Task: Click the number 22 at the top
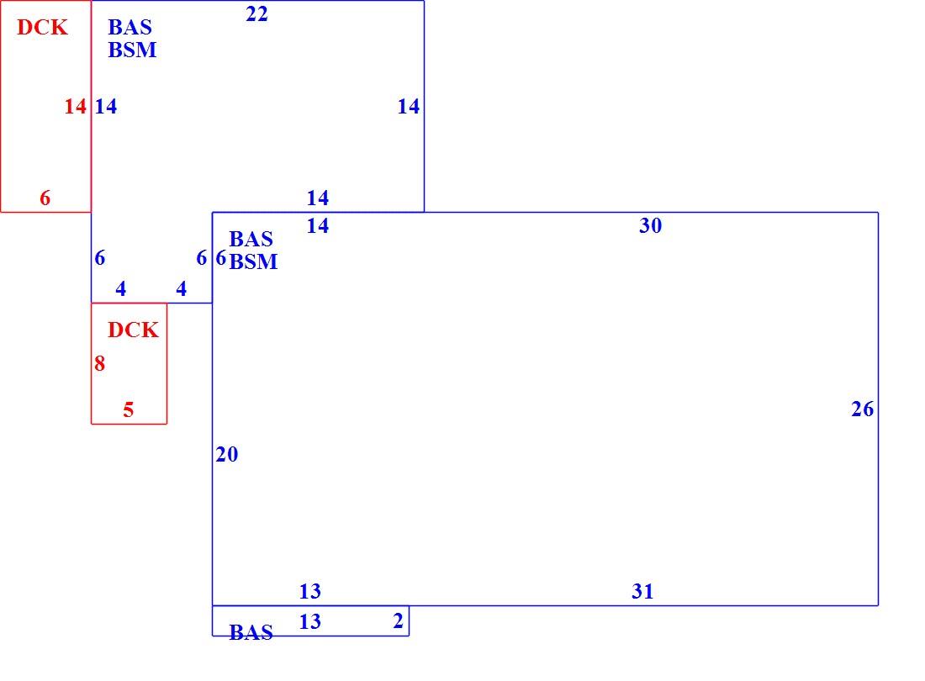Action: (256, 13)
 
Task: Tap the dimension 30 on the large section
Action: (650, 225)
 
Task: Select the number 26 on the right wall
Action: (862, 409)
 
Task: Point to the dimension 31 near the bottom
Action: (642, 591)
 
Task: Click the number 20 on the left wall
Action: (226, 454)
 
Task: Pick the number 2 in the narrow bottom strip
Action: (399, 620)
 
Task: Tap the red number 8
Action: (100, 363)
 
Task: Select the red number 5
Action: (128, 409)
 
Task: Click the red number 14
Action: (76, 106)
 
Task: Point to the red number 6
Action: (45, 198)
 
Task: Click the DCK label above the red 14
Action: (42, 27)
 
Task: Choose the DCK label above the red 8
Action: (133, 330)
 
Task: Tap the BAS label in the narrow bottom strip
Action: (251, 632)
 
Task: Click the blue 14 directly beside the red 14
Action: (106, 106)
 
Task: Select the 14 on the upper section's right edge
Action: (408, 106)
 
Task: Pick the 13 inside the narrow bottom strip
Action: (309, 620)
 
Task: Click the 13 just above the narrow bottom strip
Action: (309, 591)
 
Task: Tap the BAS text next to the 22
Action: (129, 27)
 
